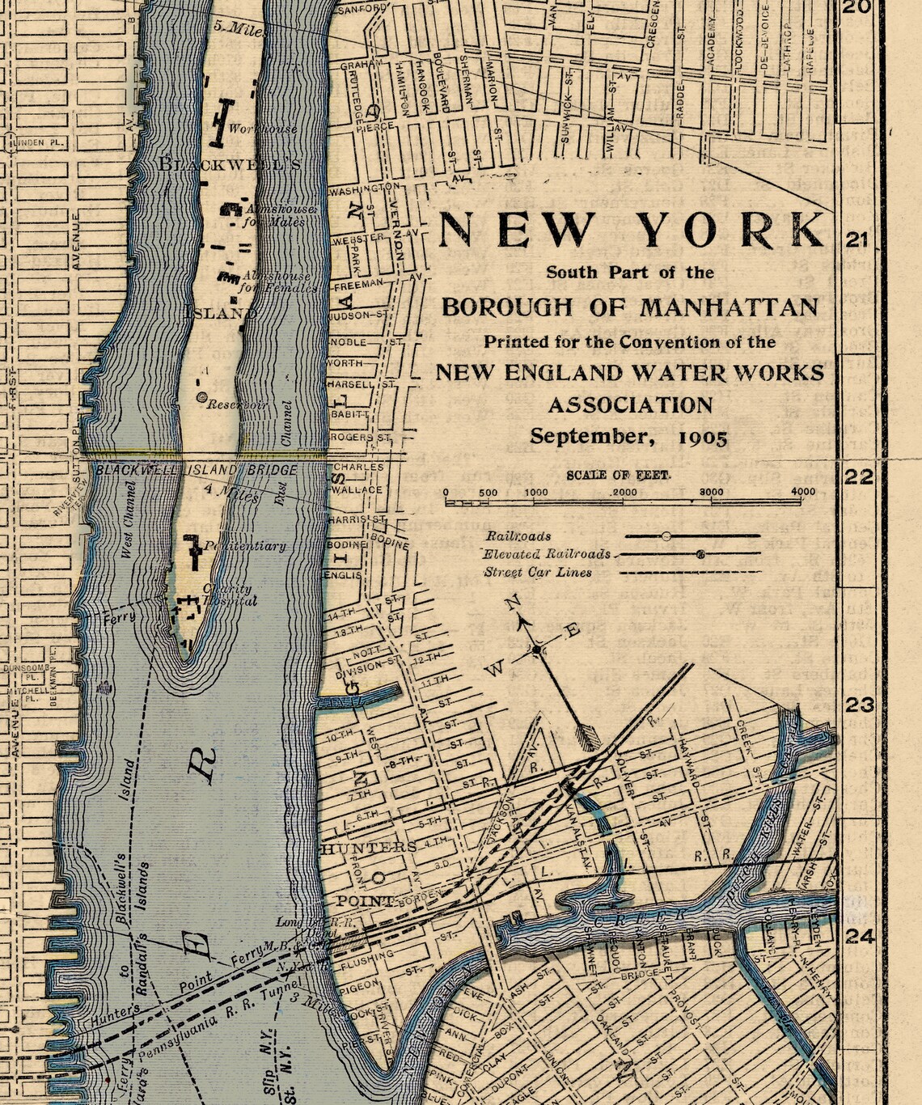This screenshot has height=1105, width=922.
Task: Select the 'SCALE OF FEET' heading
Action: coord(619,475)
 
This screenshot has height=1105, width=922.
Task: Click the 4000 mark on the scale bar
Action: coord(802,492)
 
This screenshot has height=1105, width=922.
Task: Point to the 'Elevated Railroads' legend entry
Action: coord(547,554)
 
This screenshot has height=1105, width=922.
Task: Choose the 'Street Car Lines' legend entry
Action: coord(538,572)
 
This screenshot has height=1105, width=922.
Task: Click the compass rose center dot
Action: coord(535,649)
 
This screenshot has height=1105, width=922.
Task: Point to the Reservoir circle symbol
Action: coord(201,396)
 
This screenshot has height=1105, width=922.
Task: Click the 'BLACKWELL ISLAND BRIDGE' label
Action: coord(197,469)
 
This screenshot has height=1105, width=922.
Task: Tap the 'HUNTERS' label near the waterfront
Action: coord(369,847)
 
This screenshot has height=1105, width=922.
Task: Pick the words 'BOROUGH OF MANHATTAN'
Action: coord(629,307)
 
